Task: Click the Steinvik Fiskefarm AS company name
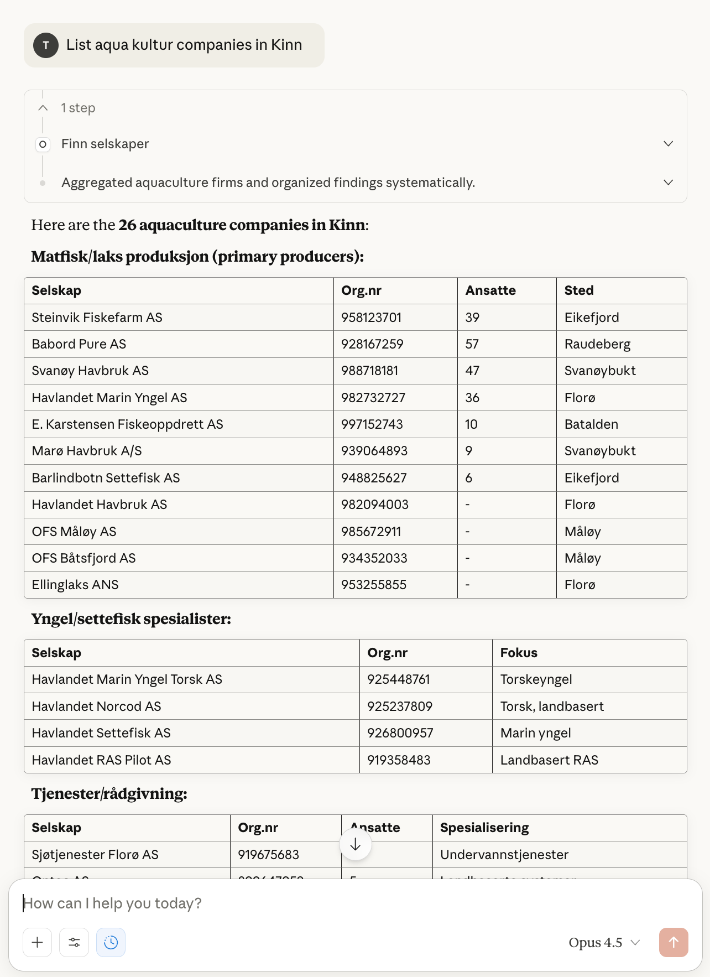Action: tap(97, 318)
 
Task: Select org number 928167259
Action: tap(372, 344)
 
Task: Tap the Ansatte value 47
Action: tap(472, 371)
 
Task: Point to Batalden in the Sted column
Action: tap(591, 424)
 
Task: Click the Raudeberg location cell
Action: tap(597, 344)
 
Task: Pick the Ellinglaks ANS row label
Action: tap(75, 585)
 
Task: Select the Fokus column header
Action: tap(519, 653)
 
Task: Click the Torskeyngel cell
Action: tap(536, 679)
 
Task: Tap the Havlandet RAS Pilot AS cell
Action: tap(101, 760)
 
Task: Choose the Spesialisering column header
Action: tap(484, 828)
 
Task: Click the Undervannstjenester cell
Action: tap(504, 855)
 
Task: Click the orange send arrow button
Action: tap(673, 942)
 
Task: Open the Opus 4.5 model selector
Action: tap(604, 942)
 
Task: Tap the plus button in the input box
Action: tap(38, 942)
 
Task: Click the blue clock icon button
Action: tap(111, 942)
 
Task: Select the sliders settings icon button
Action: tap(74, 942)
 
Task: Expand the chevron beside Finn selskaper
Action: tap(668, 144)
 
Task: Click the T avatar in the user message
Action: tap(46, 45)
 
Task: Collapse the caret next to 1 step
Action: tap(43, 108)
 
